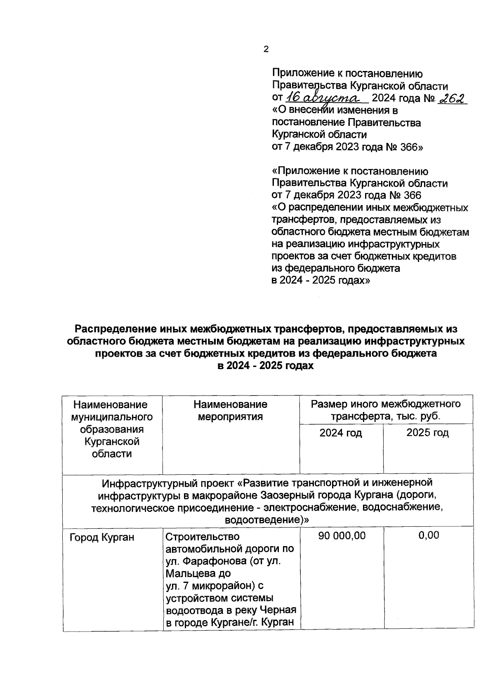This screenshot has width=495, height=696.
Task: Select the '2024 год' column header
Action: click(341, 433)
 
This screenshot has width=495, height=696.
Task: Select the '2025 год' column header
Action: click(428, 433)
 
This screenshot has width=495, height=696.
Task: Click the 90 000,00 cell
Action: click(342, 536)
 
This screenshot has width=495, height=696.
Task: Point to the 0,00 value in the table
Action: click(429, 535)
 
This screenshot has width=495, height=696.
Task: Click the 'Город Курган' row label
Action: click(102, 537)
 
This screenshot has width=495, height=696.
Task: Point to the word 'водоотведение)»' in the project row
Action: click(267, 520)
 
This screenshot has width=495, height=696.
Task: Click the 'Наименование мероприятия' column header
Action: click(230, 410)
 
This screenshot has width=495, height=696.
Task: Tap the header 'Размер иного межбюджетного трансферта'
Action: click(386, 410)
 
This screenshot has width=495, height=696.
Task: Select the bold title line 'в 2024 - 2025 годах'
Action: click(266, 366)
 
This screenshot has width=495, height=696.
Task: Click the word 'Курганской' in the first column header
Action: click(112, 442)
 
